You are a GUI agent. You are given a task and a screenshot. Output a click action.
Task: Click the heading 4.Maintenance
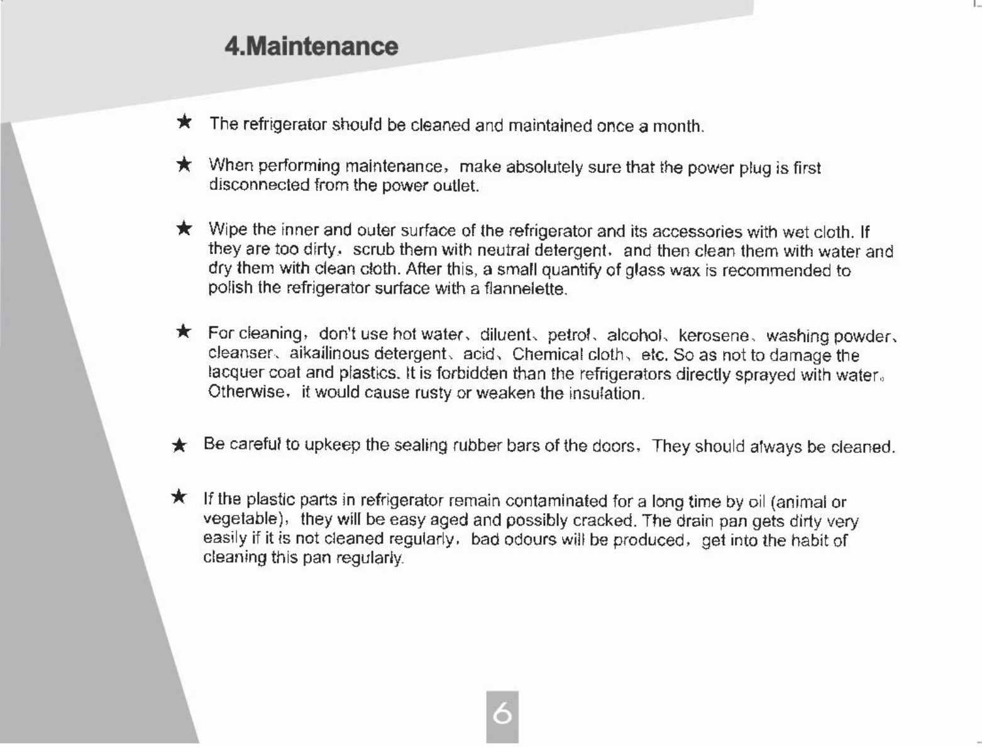pos(311,47)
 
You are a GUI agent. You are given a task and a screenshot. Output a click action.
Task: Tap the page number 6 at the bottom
pos(502,715)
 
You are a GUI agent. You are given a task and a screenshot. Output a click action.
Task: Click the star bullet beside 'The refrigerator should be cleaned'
pos(184,121)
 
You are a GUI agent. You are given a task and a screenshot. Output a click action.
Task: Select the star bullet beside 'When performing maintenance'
pos(184,165)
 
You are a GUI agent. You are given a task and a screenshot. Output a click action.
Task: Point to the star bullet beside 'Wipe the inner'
pos(184,228)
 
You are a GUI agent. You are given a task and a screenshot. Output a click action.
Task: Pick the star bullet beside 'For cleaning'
pos(184,331)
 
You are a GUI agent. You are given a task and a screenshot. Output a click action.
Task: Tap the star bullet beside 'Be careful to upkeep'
pos(179,446)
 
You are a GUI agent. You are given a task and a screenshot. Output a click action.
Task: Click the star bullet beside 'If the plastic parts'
pos(179,497)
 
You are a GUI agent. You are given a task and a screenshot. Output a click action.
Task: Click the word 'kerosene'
pos(714,336)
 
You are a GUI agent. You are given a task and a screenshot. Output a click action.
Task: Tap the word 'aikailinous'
pos(329,355)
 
